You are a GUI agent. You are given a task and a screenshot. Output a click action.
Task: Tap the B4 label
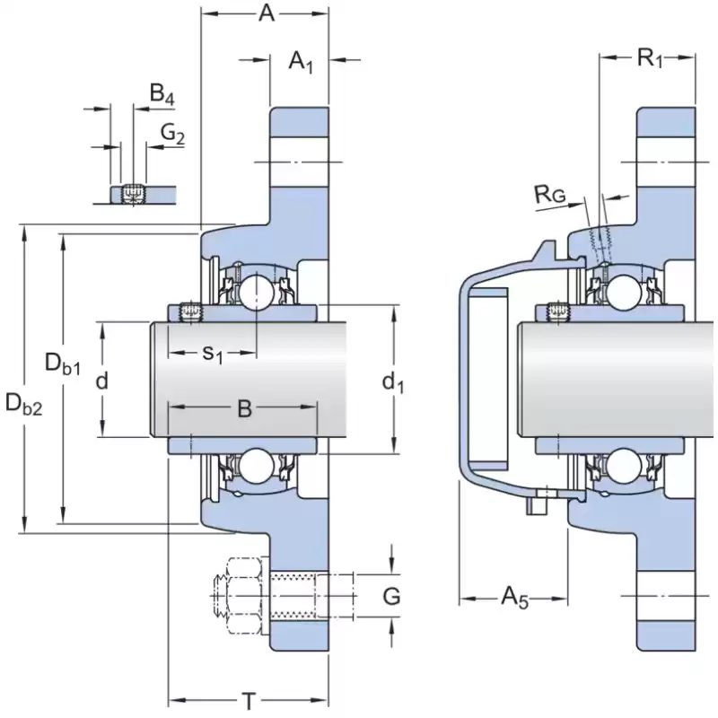click(x=162, y=92)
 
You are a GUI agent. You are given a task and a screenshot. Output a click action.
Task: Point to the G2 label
click(x=172, y=134)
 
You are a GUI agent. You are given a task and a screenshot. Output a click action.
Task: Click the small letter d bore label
click(x=102, y=381)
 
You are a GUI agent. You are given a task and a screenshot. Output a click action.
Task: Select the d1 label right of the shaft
click(x=393, y=383)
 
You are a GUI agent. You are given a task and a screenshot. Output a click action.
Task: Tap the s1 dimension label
click(x=212, y=354)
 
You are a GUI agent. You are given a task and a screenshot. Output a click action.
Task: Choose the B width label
click(x=243, y=409)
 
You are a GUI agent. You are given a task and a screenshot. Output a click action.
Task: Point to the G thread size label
click(x=390, y=596)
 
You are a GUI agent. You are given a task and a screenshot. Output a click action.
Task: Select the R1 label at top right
click(x=649, y=59)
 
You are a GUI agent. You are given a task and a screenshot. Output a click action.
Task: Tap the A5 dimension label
click(x=513, y=597)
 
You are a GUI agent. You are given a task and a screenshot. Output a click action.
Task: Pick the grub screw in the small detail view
click(x=134, y=193)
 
